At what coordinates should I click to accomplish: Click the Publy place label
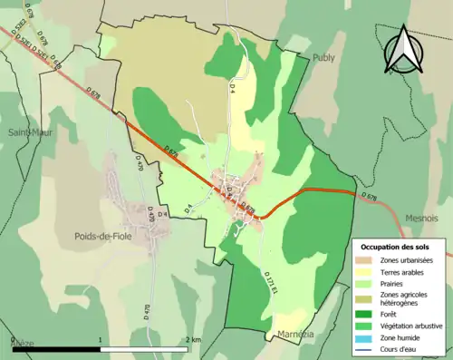(323, 57)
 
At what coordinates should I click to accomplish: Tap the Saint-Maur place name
(29, 132)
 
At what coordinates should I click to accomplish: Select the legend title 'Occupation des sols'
(395, 247)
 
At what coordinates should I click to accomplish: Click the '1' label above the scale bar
(100, 339)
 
